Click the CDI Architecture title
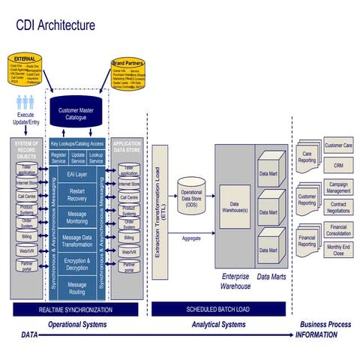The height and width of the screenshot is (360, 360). coord(56,25)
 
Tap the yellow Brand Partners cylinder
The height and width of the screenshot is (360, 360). coord(128,75)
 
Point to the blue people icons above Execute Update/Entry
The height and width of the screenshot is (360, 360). coord(26,101)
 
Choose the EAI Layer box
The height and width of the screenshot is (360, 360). coord(77,174)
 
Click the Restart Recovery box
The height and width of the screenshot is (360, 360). coord(77,194)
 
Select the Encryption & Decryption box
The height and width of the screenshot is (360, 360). coord(77,264)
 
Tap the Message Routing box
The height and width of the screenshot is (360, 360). coord(77,288)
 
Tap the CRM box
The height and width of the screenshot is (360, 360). coord(338,164)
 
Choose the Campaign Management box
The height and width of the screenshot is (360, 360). coord(338,187)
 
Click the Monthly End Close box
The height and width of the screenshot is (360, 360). coord(338,250)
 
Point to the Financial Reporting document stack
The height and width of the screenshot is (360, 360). coord(308,240)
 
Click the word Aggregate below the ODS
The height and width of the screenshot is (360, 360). coord(191,238)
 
